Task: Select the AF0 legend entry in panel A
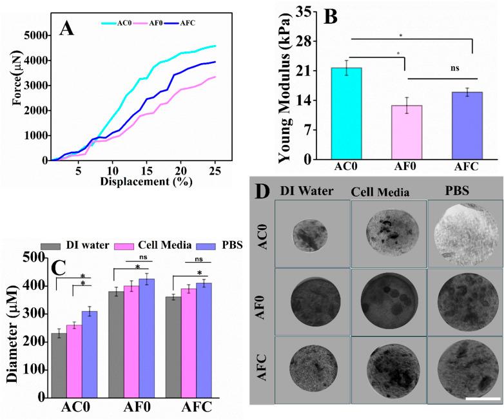point(153,23)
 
